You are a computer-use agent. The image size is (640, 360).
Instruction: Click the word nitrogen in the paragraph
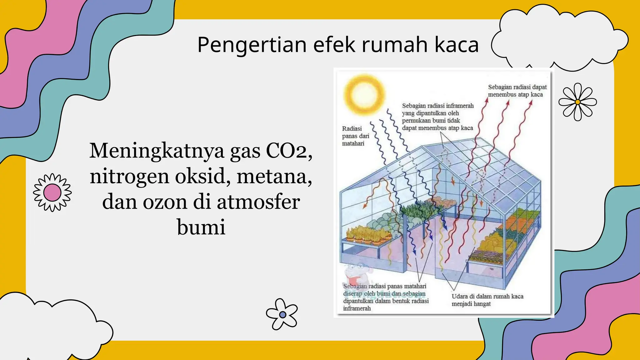coord(130,177)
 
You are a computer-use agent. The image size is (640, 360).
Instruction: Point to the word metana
coord(274,177)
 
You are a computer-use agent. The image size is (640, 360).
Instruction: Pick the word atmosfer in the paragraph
coord(258,202)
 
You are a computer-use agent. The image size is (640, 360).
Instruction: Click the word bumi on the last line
coord(201,227)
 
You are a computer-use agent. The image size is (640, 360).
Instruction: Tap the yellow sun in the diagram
coord(364,94)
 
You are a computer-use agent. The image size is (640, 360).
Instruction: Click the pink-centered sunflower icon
coord(52,192)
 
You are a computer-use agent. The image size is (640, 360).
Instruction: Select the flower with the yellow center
coord(577,102)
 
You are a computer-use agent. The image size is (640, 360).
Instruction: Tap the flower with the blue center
coord(282,314)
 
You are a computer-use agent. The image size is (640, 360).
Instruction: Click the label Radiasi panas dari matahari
coord(355,136)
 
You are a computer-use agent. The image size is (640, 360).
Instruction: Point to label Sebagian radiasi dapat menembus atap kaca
coord(517,91)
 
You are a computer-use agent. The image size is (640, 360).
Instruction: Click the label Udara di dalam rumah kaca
coord(487,300)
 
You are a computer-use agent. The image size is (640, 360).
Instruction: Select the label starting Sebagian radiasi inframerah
coord(437,117)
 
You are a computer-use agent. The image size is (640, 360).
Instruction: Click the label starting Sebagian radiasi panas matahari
coord(385,297)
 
